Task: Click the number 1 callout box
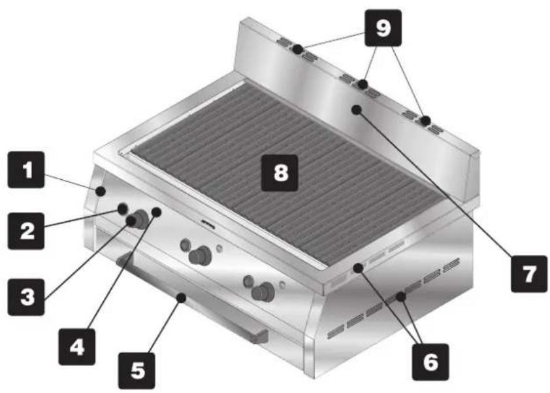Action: [x=26, y=169]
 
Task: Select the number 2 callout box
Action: [x=26, y=231]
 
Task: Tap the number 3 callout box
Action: [x=26, y=297]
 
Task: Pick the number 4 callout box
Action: [x=77, y=347]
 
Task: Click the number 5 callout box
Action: [x=137, y=371]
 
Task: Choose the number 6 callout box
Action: [x=430, y=362]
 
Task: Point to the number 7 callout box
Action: [x=529, y=274]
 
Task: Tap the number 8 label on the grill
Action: [x=280, y=173]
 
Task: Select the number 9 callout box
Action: [x=383, y=27]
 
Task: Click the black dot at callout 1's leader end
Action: [x=101, y=192]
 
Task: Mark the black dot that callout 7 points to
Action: [x=357, y=110]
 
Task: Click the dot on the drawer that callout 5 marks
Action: [x=181, y=298]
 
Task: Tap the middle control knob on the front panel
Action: [x=199, y=255]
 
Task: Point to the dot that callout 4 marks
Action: [x=156, y=212]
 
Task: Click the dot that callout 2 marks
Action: [x=122, y=209]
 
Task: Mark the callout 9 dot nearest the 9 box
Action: [x=363, y=84]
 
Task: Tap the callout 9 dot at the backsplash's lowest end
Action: [x=426, y=121]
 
